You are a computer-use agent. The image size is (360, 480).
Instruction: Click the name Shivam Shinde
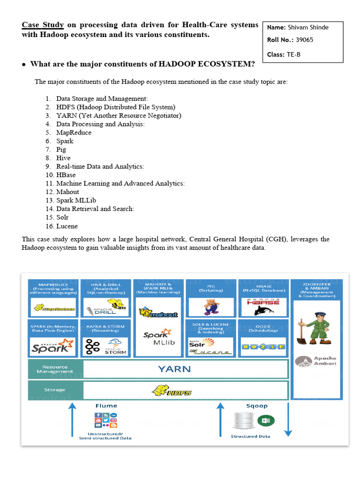(308, 27)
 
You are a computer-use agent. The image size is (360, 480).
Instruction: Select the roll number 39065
(304, 40)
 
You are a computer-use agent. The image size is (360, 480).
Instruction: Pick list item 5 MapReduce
(74, 133)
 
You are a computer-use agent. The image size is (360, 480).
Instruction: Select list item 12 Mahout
(67, 192)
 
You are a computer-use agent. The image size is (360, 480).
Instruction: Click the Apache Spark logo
(53, 346)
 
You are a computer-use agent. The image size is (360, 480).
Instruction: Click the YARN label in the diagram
(174, 369)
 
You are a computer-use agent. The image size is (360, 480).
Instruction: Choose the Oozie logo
(263, 347)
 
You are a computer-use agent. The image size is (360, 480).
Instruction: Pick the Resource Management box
(55, 369)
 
